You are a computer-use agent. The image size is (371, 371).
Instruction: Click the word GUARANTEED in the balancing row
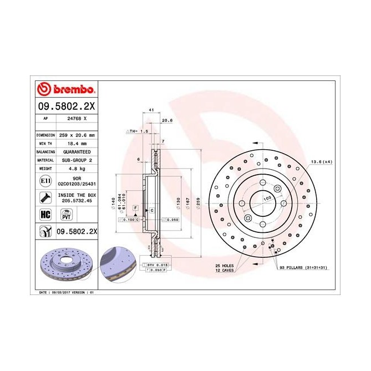(77, 151)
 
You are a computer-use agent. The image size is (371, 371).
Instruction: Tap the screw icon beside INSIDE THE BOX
(44, 197)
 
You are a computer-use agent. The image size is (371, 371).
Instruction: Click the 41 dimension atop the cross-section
(151, 111)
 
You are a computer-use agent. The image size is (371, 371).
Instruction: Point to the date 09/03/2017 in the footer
(62, 292)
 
